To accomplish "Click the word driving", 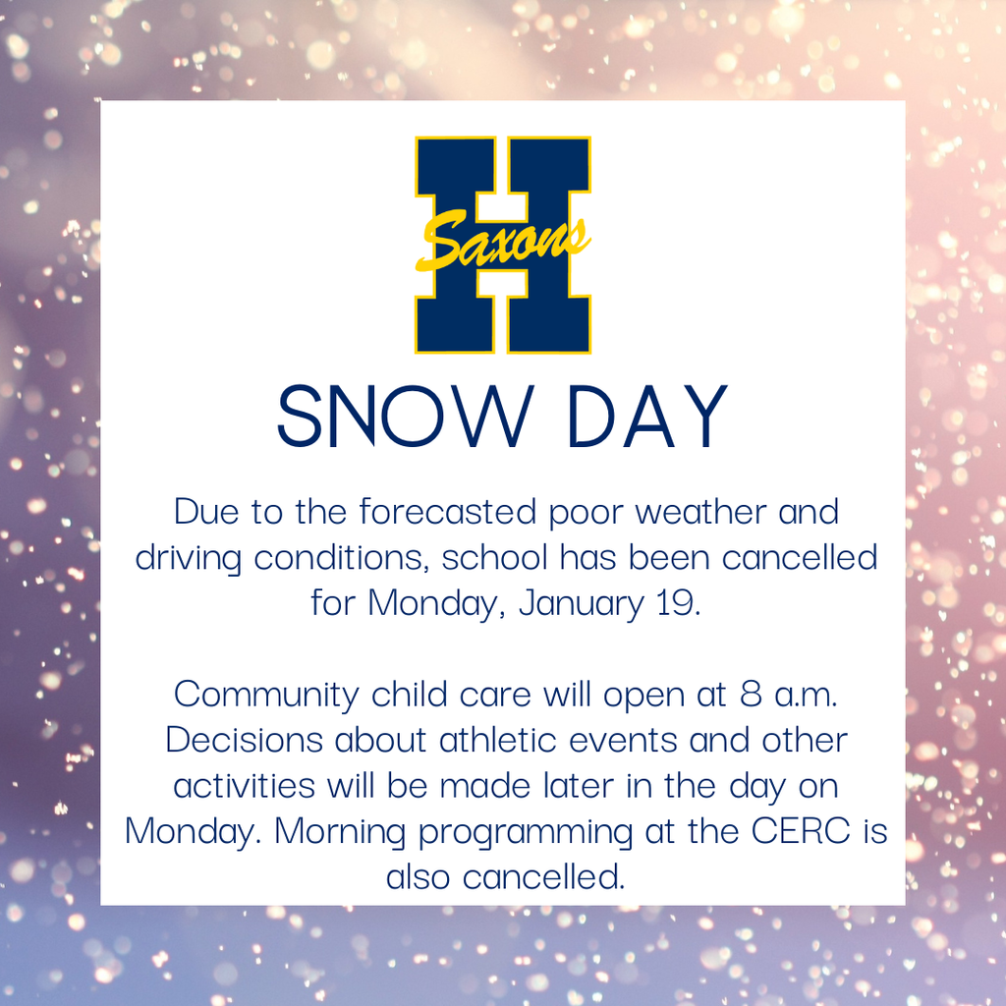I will (x=189, y=558).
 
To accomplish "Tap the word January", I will (x=580, y=603).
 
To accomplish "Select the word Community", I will (x=267, y=695).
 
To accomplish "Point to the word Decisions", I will (x=245, y=740).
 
